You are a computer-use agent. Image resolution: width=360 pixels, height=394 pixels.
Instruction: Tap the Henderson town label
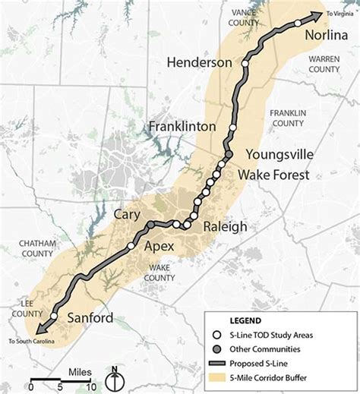coord(198,62)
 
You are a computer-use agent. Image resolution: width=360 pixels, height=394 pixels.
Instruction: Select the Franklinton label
coord(182,126)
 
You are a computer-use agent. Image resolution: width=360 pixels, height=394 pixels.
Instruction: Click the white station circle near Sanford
coord(54,317)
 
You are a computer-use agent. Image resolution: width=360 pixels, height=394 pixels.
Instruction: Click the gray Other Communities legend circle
coord(216,348)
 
